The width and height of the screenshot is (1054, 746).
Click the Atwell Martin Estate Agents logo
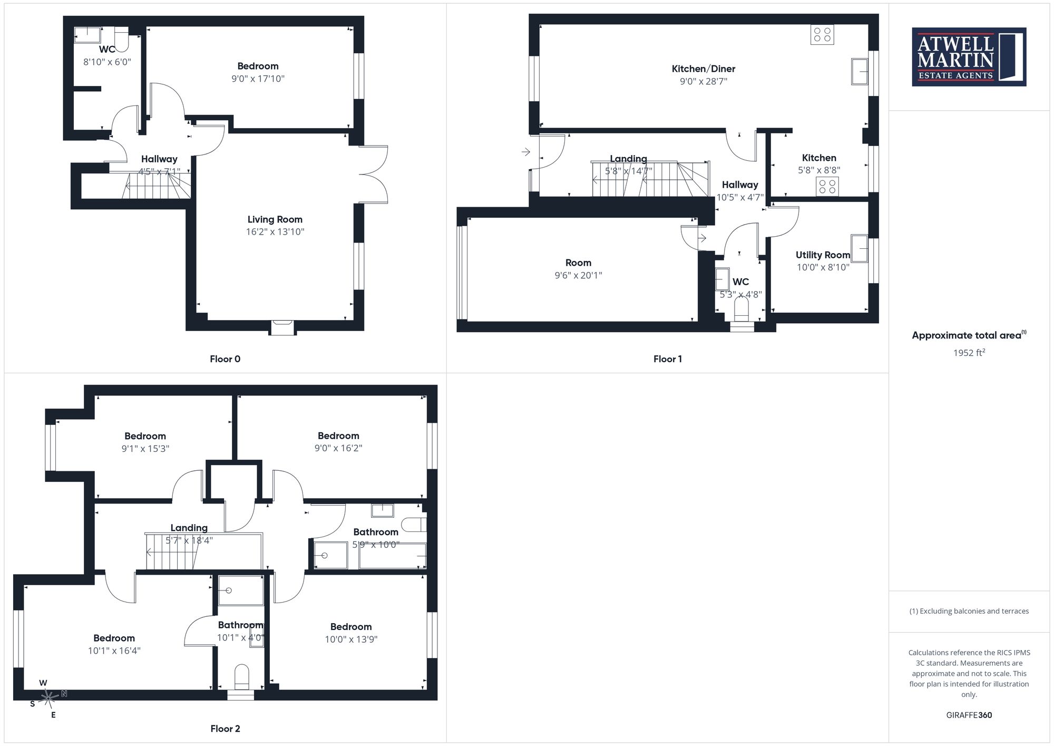[x=969, y=57]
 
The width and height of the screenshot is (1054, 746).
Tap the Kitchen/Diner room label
[x=703, y=69]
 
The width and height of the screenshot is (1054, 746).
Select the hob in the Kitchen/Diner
[x=822, y=35]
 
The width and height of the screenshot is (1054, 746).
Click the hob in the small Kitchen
[x=827, y=186]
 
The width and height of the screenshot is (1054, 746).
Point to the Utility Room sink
[x=859, y=248]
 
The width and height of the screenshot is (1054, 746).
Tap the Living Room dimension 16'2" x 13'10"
[x=275, y=232]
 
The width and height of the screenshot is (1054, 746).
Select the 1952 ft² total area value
[x=969, y=353]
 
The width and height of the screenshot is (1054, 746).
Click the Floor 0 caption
[x=225, y=359]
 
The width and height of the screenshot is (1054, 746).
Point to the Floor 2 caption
[x=225, y=729]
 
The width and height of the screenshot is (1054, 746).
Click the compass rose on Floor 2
[x=48, y=699]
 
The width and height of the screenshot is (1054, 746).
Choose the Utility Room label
[x=823, y=255]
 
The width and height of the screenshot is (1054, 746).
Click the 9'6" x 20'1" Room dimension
[x=578, y=275]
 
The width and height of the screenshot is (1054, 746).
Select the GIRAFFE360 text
[x=969, y=715]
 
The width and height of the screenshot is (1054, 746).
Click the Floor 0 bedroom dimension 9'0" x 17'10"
[x=258, y=79]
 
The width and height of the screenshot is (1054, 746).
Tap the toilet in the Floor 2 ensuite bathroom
[x=241, y=677]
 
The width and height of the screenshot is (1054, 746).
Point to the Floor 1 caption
[x=668, y=359]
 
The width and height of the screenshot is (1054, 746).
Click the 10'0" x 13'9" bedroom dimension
[x=351, y=640]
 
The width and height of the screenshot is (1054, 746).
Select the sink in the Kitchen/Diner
[x=860, y=72]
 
